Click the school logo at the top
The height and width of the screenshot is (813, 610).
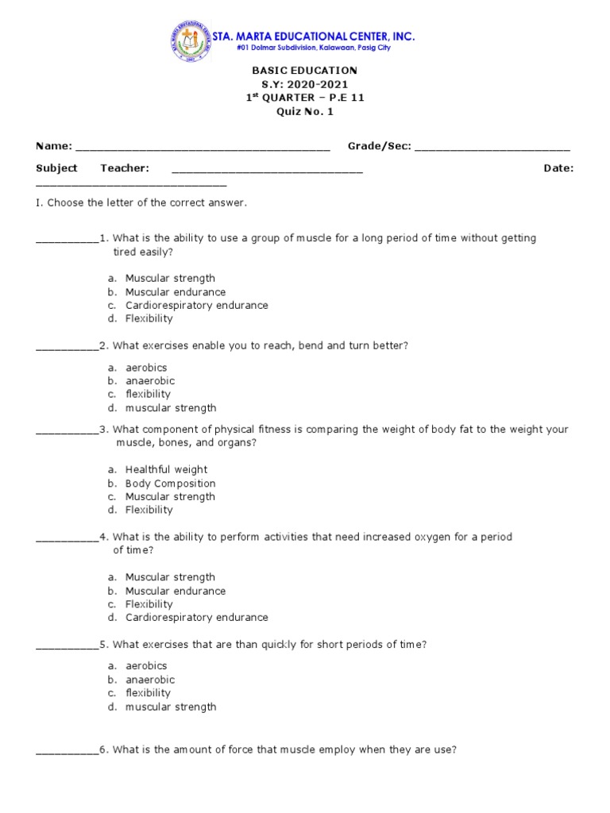click(188, 41)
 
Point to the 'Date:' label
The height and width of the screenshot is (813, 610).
click(558, 168)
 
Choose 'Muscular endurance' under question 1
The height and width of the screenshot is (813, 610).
click(175, 292)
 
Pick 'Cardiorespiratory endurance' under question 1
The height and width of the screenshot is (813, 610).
click(196, 306)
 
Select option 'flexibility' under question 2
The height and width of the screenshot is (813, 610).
click(148, 395)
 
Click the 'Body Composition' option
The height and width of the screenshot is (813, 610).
click(170, 484)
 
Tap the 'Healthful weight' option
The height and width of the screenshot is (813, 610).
click(166, 470)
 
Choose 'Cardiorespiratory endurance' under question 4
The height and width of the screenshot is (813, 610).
click(196, 618)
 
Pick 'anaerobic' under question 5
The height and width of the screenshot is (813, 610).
click(149, 680)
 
